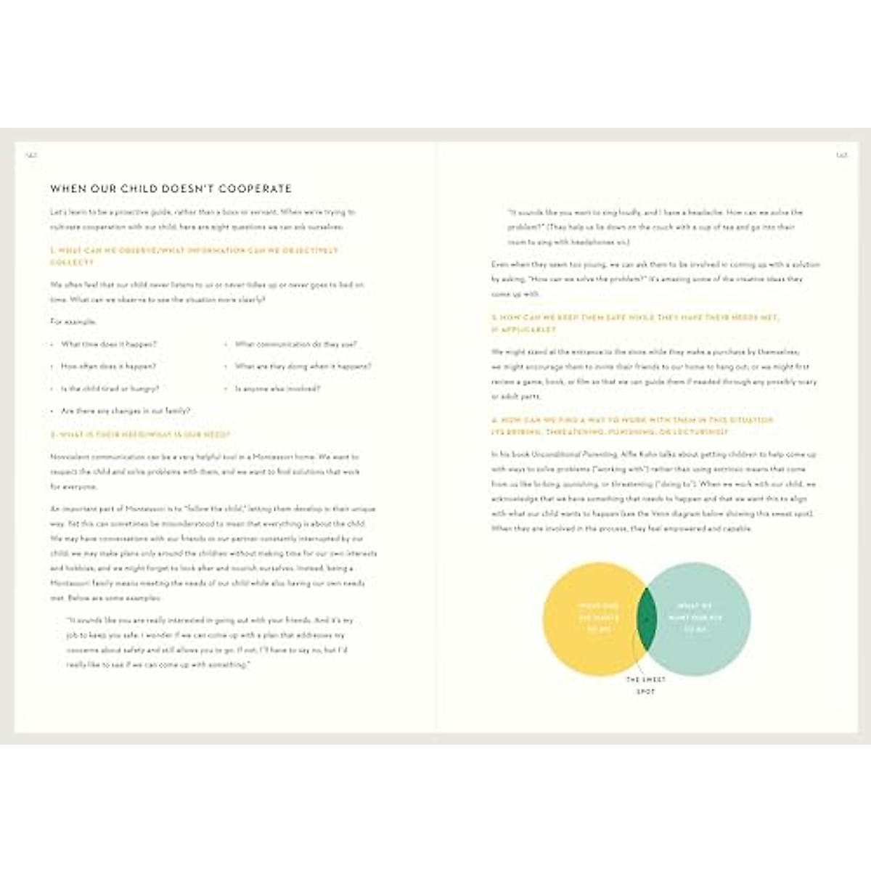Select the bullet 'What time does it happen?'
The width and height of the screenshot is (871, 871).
[x=109, y=345]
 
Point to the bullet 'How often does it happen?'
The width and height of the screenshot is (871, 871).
[x=109, y=367]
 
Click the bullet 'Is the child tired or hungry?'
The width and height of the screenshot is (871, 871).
[x=110, y=389]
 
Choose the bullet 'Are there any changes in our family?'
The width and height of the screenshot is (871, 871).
[x=126, y=411]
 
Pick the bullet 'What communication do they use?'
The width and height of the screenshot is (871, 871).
[x=295, y=345]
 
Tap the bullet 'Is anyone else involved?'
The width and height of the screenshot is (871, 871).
[x=277, y=389]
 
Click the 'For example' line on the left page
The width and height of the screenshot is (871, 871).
[x=73, y=322]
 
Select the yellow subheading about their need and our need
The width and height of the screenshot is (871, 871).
[x=140, y=435]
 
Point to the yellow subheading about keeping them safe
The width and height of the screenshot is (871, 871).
[x=635, y=324]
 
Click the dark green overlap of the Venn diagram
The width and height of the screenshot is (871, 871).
[x=646, y=619]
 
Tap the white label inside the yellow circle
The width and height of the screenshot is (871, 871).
[x=599, y=618]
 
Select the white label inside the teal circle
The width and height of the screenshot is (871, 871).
[x=695, y=618]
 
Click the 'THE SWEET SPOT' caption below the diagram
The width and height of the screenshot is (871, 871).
[x=645, y=686]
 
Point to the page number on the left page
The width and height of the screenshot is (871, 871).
[x=31, y=154]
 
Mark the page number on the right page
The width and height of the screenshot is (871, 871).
[x=841, y=154]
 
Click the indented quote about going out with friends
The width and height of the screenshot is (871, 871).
[x=210, y=642]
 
